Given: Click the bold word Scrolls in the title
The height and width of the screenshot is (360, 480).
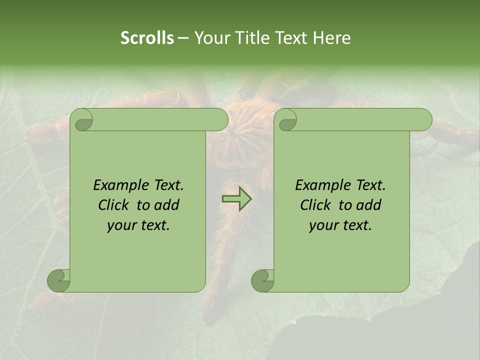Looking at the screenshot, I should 147,37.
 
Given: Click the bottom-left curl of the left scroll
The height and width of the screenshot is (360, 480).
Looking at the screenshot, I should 58,280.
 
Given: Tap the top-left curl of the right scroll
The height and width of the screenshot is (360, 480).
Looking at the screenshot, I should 287,120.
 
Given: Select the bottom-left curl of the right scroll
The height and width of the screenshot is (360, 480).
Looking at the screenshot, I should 262,280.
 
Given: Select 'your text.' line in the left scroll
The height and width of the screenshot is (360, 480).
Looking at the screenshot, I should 138,225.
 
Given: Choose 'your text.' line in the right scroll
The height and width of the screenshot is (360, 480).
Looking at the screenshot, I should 340,225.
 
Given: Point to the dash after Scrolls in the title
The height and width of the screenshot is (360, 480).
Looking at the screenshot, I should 183,37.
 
